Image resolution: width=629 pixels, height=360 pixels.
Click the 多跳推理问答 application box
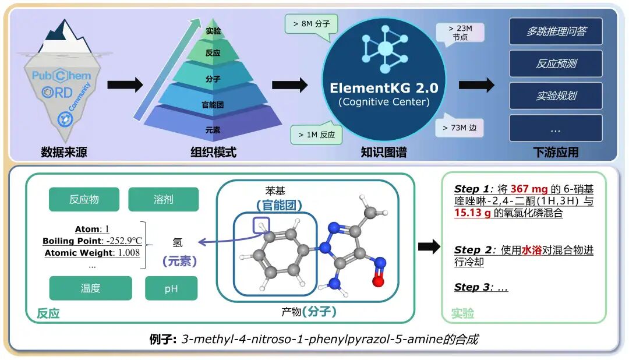(x=556, y=31)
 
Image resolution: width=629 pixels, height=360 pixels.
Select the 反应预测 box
(x=556, y=63)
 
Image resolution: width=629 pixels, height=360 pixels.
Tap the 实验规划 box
(x=556, y=96)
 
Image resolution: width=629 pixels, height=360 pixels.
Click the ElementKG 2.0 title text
(x=384, y=89)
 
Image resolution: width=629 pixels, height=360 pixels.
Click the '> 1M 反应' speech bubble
(x=315, y=135)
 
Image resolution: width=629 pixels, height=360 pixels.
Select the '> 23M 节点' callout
(x=460, y=33)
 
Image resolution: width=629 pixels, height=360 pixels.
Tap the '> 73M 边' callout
(x=460, y=127)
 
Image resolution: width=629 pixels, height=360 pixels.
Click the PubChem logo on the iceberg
(x=61, y=76)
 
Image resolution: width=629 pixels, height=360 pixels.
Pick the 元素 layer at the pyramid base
(x=213, y=129)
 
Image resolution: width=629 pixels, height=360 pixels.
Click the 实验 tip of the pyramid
(x=213, y=31)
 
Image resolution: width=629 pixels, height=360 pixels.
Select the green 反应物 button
(x=84, y=199)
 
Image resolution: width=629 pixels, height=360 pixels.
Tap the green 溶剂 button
(x=163, y=199)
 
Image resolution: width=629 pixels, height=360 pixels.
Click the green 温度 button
(x=90, y=288)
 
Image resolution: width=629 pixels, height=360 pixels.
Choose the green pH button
(x=171, y=288)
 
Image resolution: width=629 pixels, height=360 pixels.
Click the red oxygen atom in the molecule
(x=378, y=281)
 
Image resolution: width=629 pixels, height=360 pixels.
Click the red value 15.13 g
(x=472, y=213)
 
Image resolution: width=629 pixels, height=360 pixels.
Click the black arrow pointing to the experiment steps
(x=429, y=247)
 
